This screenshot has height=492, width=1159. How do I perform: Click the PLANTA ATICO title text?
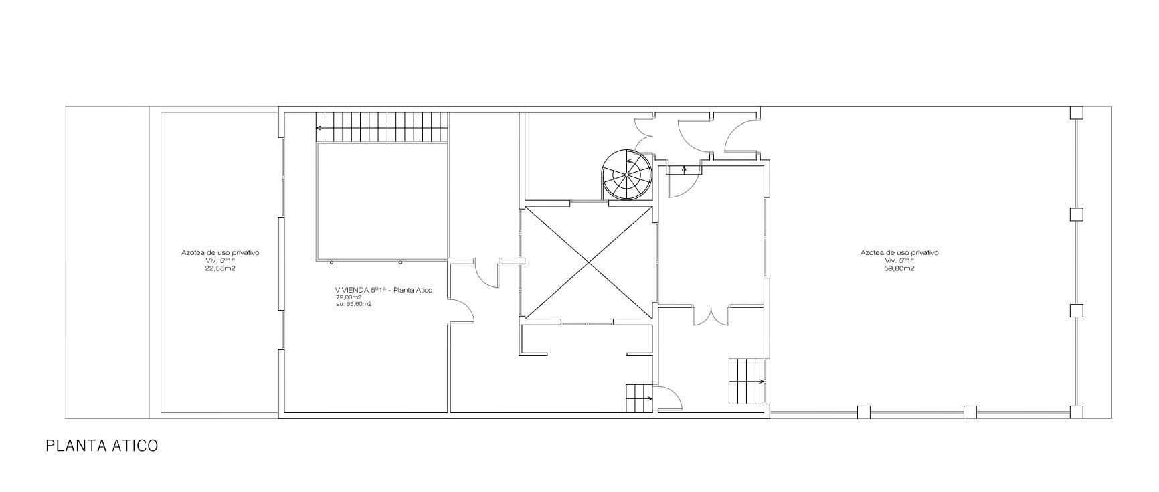[102, 446]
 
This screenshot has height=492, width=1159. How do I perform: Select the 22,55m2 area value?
[220, 268]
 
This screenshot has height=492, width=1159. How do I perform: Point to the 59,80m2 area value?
[899, 268]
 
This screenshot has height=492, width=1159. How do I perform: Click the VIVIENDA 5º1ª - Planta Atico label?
[383, 290]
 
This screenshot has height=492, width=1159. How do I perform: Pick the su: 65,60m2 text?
[353, 304]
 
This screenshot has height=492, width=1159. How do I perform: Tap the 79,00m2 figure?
[348, 297]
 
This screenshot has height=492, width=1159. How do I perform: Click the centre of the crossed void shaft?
[588, 262]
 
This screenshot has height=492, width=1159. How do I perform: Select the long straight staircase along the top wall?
[382, 127]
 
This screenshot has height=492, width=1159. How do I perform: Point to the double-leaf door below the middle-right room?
[711, 315]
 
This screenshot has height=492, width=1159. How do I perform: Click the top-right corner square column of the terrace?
[1075, 112]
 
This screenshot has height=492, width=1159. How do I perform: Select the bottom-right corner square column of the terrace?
[1076, 412]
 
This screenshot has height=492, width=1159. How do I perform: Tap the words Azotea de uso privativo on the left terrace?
[220, 253]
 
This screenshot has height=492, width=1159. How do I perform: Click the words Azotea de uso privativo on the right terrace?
[899, 253]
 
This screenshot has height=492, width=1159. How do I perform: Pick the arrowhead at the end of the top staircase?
[319, 127]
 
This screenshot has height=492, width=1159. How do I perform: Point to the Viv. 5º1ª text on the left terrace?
[220, 260]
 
